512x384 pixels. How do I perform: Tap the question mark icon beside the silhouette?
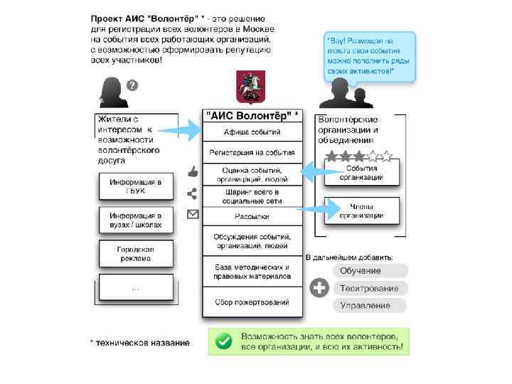click(132, 85)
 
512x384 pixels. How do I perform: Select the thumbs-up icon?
click(192, 171)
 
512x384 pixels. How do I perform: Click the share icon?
click(192, 193)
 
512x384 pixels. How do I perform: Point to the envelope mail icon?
click(192, 214)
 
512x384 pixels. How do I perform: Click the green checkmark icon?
click(224, 341)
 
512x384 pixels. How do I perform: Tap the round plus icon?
click(319, 288)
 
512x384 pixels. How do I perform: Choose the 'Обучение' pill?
click(370, 271)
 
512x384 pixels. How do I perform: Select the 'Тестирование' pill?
click(370, 288)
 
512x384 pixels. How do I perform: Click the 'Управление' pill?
click(370, 305)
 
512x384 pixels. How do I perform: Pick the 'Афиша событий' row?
click(252, 132)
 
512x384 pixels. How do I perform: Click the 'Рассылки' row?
click(252, 216)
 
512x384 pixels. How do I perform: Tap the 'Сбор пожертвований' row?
click(252, 302)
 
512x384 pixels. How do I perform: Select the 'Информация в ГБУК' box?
click(136, 186)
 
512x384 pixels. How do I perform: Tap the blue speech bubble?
click(368, 56)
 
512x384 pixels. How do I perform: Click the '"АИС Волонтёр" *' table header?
click(252, 114)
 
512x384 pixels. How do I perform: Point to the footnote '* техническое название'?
click(140, 343)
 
